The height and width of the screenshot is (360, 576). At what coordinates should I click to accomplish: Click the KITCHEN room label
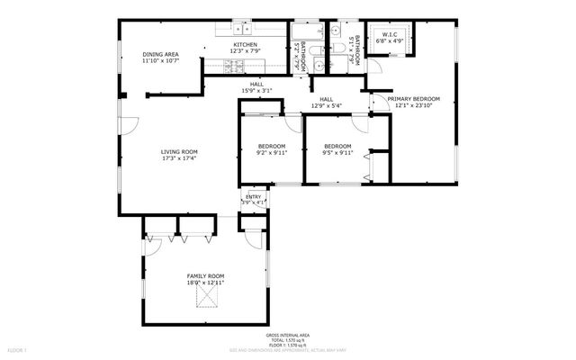pyautogui.click(x=246, y=44)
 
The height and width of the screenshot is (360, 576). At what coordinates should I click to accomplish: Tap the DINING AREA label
pyautogui.click(x=160, y=55)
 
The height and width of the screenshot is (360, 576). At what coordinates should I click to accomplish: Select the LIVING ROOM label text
pyautogui.click(x=179, y=151)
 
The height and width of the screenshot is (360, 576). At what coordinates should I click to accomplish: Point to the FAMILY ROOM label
pyautogui.click(x=205, y=275)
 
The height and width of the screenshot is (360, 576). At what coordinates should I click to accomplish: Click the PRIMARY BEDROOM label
pyautogui.click(x=413, y=99)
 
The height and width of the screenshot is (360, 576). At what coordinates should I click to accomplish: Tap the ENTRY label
pyautogui.click(x=255, y=196)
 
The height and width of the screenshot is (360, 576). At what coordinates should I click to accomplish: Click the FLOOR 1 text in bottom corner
pyautogui.click(x=18, y=348)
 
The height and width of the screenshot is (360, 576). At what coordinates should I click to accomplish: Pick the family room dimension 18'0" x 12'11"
pyautogui.click(x=205, y=283)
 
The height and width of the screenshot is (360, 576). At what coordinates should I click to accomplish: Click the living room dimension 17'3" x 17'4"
pyautogui.click(x=179, y=158)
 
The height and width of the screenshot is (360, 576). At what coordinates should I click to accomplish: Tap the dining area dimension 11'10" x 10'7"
pyautogui.click(x=160, y=62)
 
